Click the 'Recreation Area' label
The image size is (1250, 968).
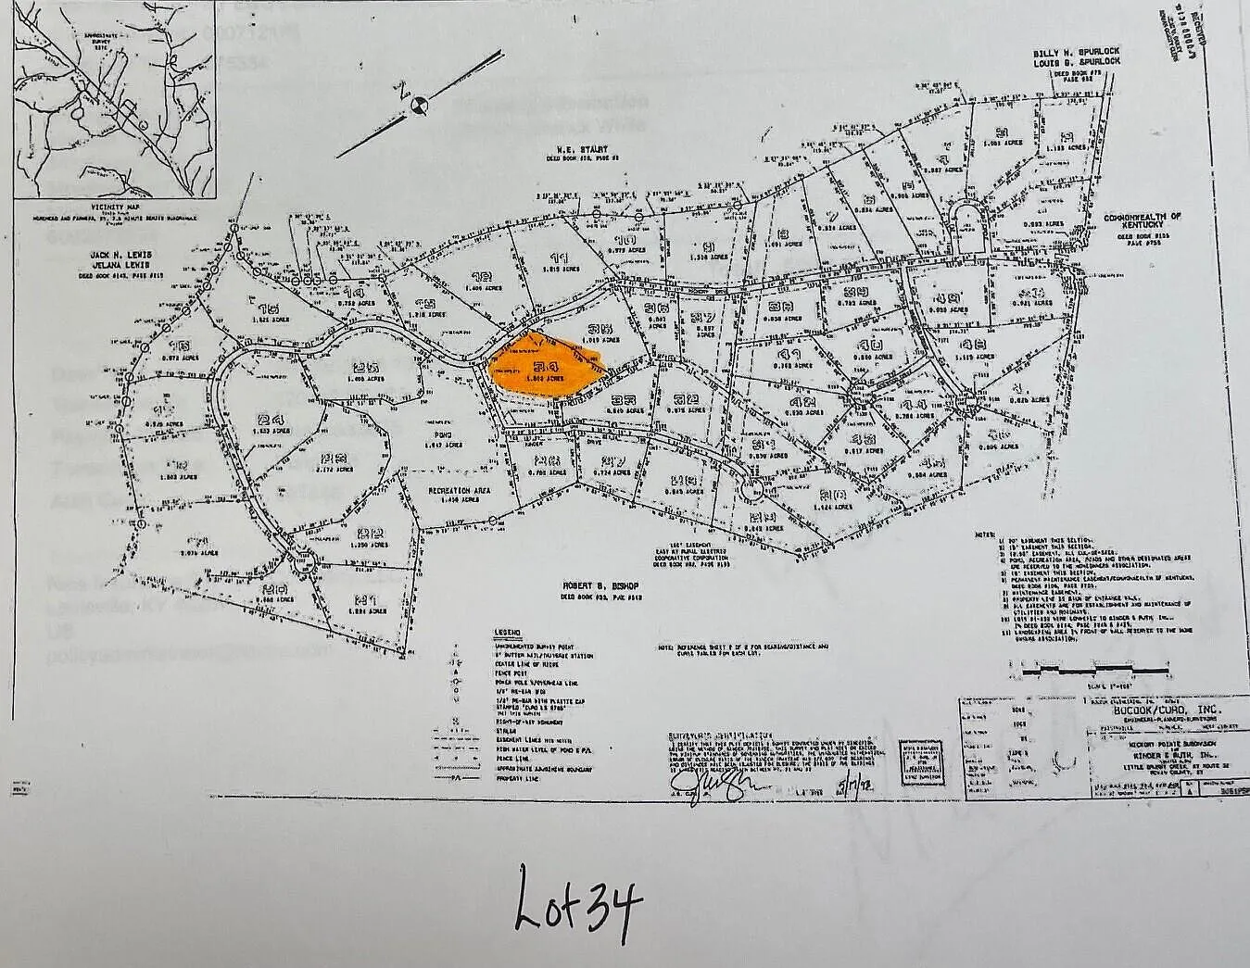(x=459, y=491)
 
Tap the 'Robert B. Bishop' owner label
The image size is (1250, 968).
(x=614, y=586)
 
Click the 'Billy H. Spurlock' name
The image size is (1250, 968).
(x=1077, y=55)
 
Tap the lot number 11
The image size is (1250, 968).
(x=559, y=258)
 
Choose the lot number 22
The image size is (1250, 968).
(x=371, y=533)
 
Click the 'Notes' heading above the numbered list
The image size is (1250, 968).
(x=984, y=534)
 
